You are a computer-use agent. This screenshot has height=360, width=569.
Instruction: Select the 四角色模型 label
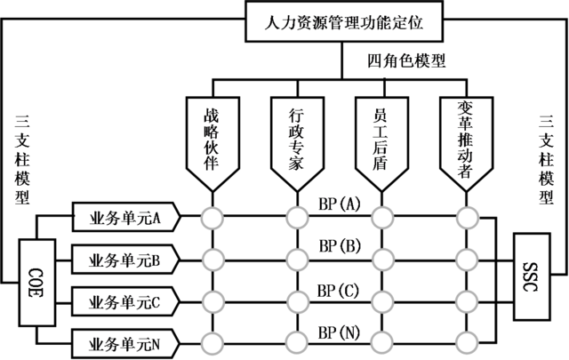(406, 62)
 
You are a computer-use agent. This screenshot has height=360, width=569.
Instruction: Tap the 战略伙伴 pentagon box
(212, 138)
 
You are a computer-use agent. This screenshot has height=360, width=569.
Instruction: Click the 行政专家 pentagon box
(297, 138)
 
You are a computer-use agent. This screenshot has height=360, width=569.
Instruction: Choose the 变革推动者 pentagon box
(463, 138)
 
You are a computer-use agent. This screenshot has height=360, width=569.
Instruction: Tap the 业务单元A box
(124, 216)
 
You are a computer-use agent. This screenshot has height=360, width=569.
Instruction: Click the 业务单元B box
(124, 260)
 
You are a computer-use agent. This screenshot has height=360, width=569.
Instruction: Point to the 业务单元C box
(124, 302)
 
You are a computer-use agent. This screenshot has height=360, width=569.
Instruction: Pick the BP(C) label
(339, 290)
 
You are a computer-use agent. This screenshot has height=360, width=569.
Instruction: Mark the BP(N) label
(339, 332)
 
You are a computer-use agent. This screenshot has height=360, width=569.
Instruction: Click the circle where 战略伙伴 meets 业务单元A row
(212, 217)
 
